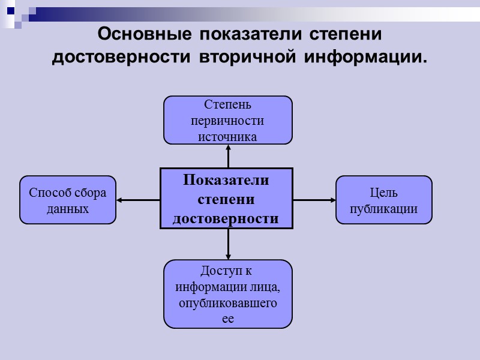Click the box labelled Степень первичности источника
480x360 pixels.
(x=228, y=120)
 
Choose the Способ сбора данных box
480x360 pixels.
(x=68, y=200)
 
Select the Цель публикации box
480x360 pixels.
(x=384, y=200)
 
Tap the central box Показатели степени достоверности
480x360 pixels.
(x=226, y=199)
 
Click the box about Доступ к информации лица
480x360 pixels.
(x=228, y=294)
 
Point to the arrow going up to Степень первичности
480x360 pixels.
(x=228, y=156)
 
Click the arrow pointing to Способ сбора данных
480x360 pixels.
(x=138, y=200)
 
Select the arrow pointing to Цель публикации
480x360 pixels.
(x=314, y=200)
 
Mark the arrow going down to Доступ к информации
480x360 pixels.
(x=228, y=245)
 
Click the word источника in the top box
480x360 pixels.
(x=228, y=137)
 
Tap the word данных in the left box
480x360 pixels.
(x=68, y=209)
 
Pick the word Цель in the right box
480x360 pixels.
(x=384, y=193)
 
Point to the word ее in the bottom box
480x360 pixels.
(x=228, y=319)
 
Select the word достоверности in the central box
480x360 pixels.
(x=226, y=218)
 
